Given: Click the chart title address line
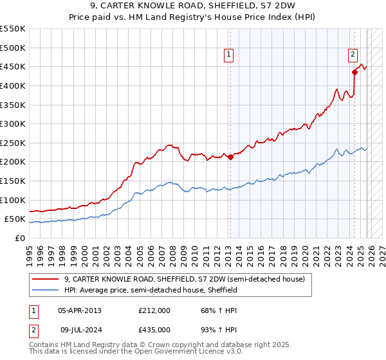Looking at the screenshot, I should (193, 6).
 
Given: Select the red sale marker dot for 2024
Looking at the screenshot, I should (354, 72).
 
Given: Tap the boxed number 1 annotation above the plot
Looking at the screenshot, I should (230, 55).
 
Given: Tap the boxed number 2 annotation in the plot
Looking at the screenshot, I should (353, 55).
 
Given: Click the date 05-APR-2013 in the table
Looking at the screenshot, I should (80, 310).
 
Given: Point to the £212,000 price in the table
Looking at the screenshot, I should (154, 310).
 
